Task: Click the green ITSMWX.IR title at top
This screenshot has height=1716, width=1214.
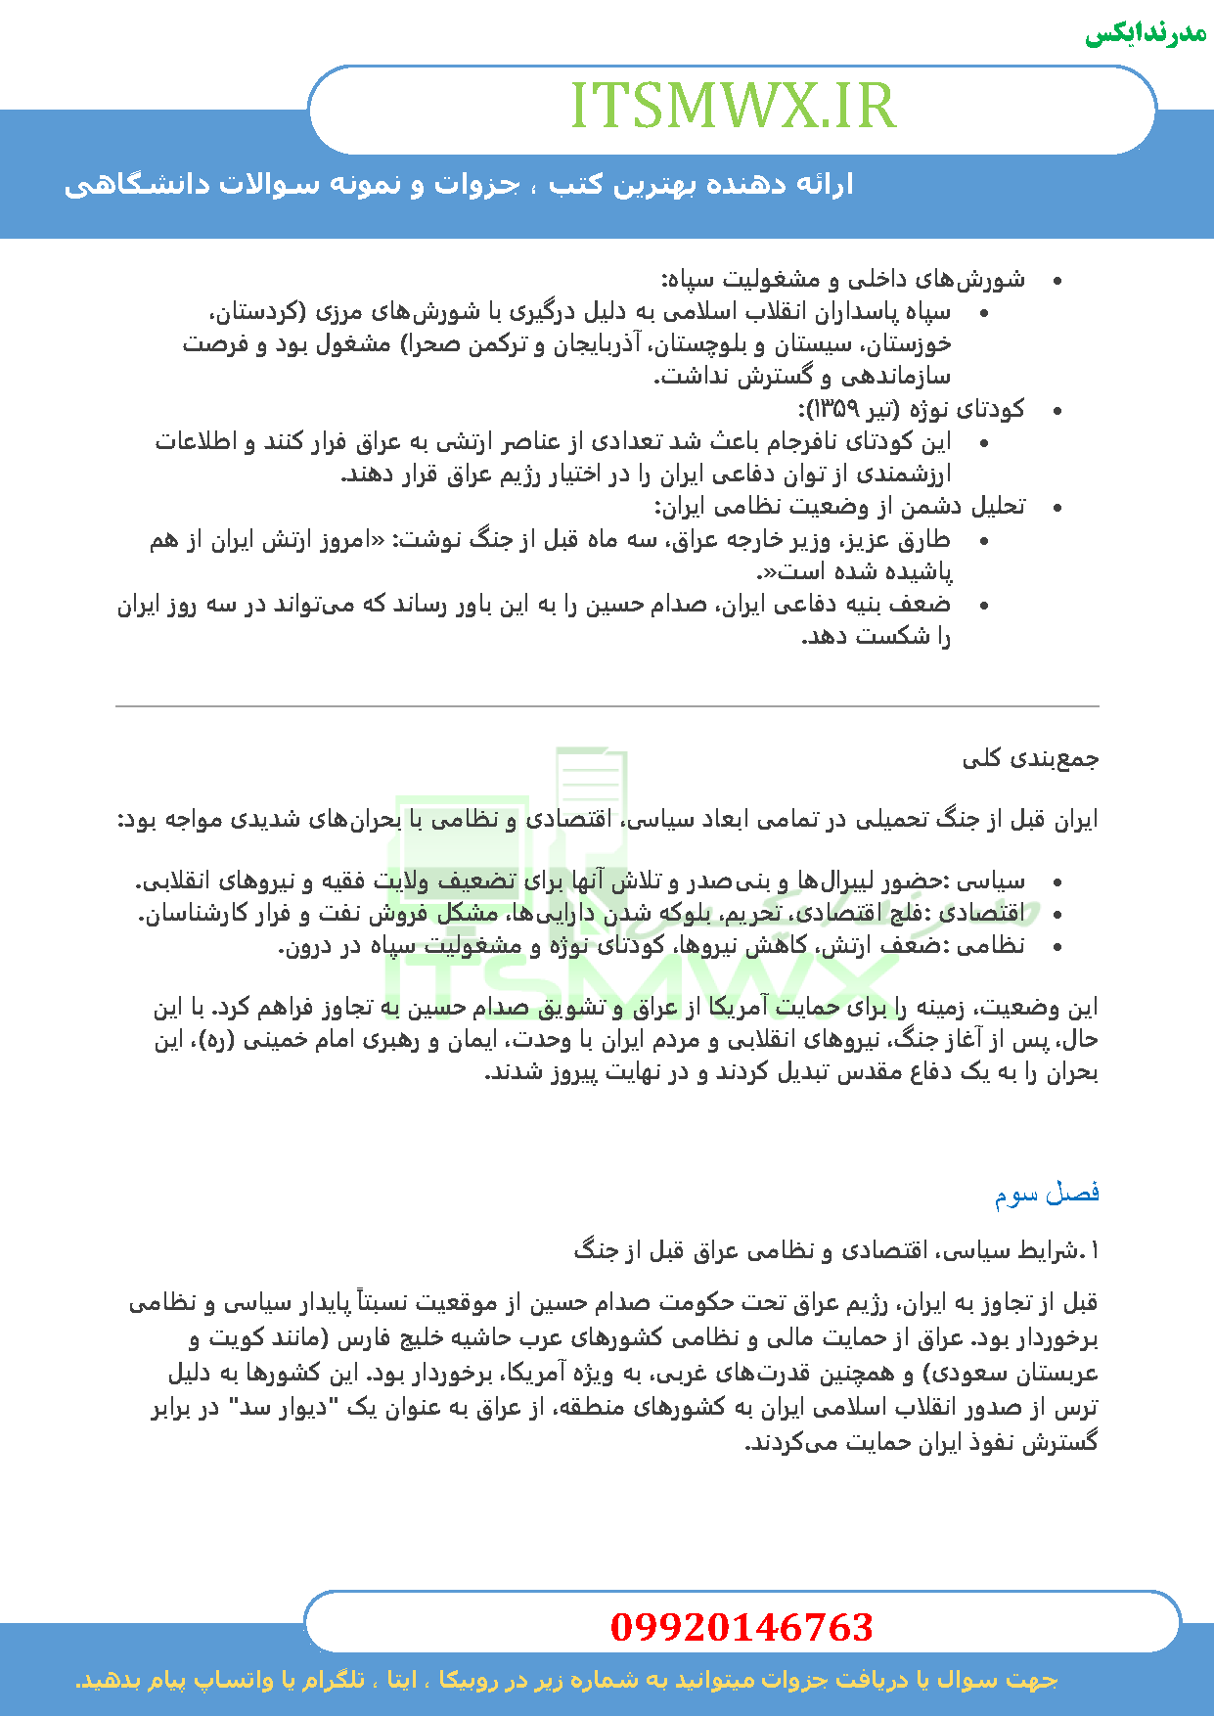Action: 733,107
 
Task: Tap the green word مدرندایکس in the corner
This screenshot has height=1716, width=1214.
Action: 1146,33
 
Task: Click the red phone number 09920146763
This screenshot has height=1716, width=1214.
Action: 742,1628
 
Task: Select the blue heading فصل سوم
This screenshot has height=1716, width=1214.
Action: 1047,1194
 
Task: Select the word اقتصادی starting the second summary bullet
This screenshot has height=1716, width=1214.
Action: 984,914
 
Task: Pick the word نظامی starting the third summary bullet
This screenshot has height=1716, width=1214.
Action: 991,946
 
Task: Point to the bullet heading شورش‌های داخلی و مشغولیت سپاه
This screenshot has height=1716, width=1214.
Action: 843,280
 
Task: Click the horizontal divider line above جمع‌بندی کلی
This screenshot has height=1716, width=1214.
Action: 607,705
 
